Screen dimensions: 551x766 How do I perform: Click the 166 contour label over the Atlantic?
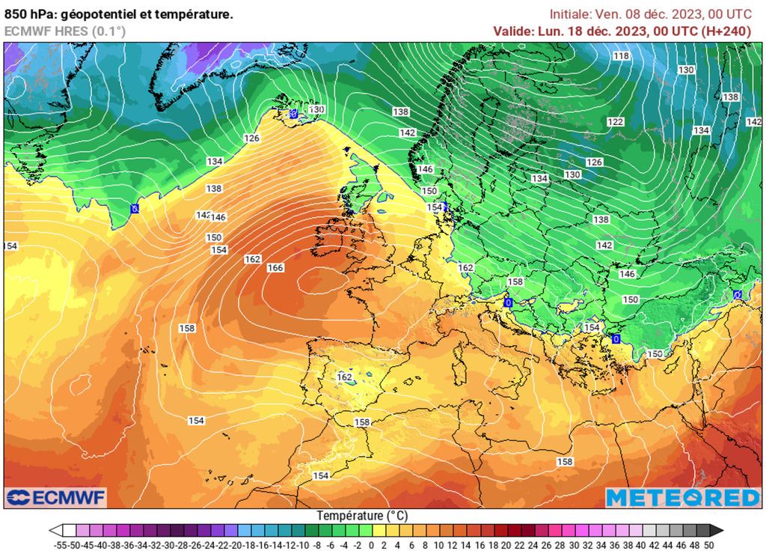(x=275, y=268)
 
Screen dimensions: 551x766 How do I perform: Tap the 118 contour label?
(x=621, y=56)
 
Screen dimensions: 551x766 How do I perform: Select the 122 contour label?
(x=616, y=122)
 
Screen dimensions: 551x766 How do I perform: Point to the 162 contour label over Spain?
(x=345, y=377)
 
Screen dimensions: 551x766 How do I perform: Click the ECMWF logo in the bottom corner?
(x=56, y=497)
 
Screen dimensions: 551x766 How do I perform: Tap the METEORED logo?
(x=682, y=498)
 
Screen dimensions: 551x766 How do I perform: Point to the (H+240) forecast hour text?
(x=725, y=31)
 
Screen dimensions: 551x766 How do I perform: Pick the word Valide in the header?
(x=513, y=31)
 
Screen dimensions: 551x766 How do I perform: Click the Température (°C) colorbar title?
(x=362, y=516)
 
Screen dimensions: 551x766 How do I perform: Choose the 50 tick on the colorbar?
(x=708, y=544)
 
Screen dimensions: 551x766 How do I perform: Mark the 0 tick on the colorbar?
(x=372, y=544)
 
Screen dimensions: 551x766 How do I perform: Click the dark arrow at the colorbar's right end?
(x=717, y=530)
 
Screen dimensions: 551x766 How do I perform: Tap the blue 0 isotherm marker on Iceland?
(x=293, y=113)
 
